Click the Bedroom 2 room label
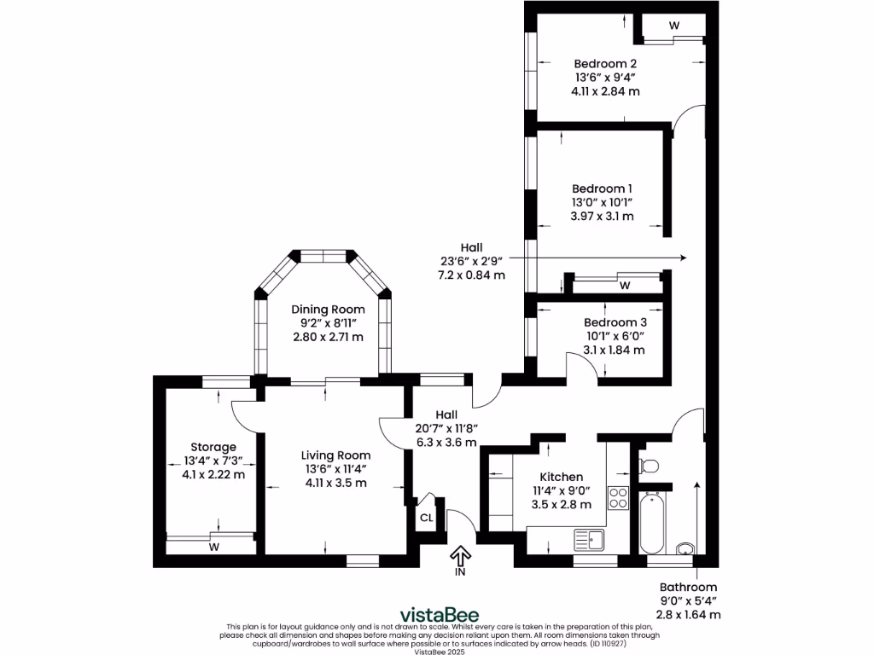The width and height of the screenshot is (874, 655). [605, 63]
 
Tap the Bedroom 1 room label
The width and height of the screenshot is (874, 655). [603, 188]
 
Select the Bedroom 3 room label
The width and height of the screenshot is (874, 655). [615, 322]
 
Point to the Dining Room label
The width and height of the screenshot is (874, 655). [328, 310]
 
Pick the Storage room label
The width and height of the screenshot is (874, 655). [213, 447]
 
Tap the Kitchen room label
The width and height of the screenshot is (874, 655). [562, 477]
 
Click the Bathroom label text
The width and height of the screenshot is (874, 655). [688, 587]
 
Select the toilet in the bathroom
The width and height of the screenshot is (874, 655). [649, 466]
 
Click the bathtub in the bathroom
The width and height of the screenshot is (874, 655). [650, 522]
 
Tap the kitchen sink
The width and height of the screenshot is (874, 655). [589, 539]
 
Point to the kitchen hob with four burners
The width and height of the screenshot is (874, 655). [618, 498]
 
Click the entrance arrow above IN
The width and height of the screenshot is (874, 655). [460, 557]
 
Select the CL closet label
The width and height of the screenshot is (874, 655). [426, 518]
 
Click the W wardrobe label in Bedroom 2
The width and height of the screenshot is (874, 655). [673, 26]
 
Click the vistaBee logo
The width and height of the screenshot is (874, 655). [440, 615]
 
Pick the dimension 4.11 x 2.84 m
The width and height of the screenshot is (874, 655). [605, 90]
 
